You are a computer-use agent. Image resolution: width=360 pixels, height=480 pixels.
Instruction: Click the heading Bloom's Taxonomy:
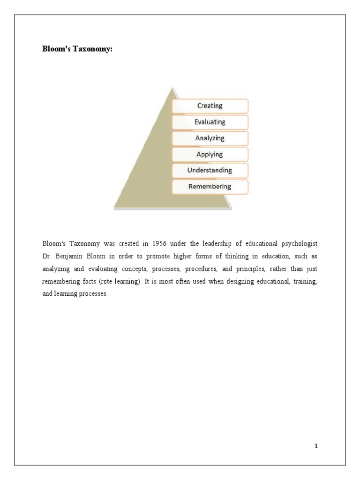[77, 50]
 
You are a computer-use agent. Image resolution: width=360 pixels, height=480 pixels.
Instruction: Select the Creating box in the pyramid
[210, 106]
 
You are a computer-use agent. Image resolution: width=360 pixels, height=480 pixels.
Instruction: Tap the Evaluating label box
[210, 122]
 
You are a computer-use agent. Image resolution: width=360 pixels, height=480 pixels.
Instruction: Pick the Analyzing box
[210, 138]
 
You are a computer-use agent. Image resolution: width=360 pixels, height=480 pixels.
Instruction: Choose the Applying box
[210, 154]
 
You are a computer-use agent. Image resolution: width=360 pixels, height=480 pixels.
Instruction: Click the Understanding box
[210, 170]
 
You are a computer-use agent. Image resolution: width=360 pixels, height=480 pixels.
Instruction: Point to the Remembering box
[210, 187]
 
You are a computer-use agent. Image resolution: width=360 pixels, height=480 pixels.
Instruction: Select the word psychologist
[300, 244]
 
